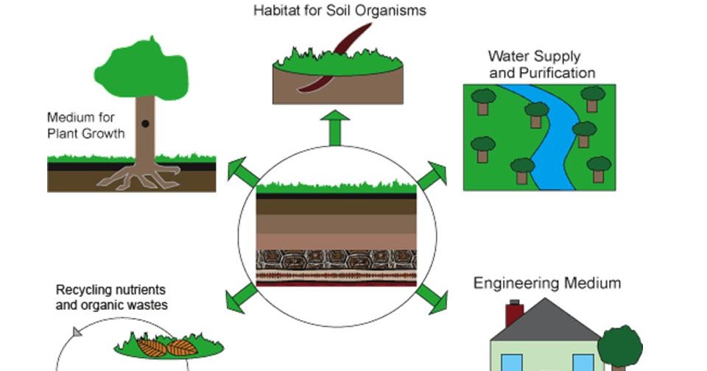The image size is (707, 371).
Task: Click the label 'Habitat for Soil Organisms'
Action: [340, 11]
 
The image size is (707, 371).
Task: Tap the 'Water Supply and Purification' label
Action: [541, 64]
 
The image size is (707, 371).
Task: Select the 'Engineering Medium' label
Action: [546, 283]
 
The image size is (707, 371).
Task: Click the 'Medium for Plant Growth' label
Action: [86, 125]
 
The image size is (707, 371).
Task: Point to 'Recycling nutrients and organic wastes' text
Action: [111, 296]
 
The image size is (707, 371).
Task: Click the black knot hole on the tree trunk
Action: [145, 124]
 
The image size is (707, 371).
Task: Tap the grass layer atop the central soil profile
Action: [337, 186]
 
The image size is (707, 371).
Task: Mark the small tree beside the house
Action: [619, 347]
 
